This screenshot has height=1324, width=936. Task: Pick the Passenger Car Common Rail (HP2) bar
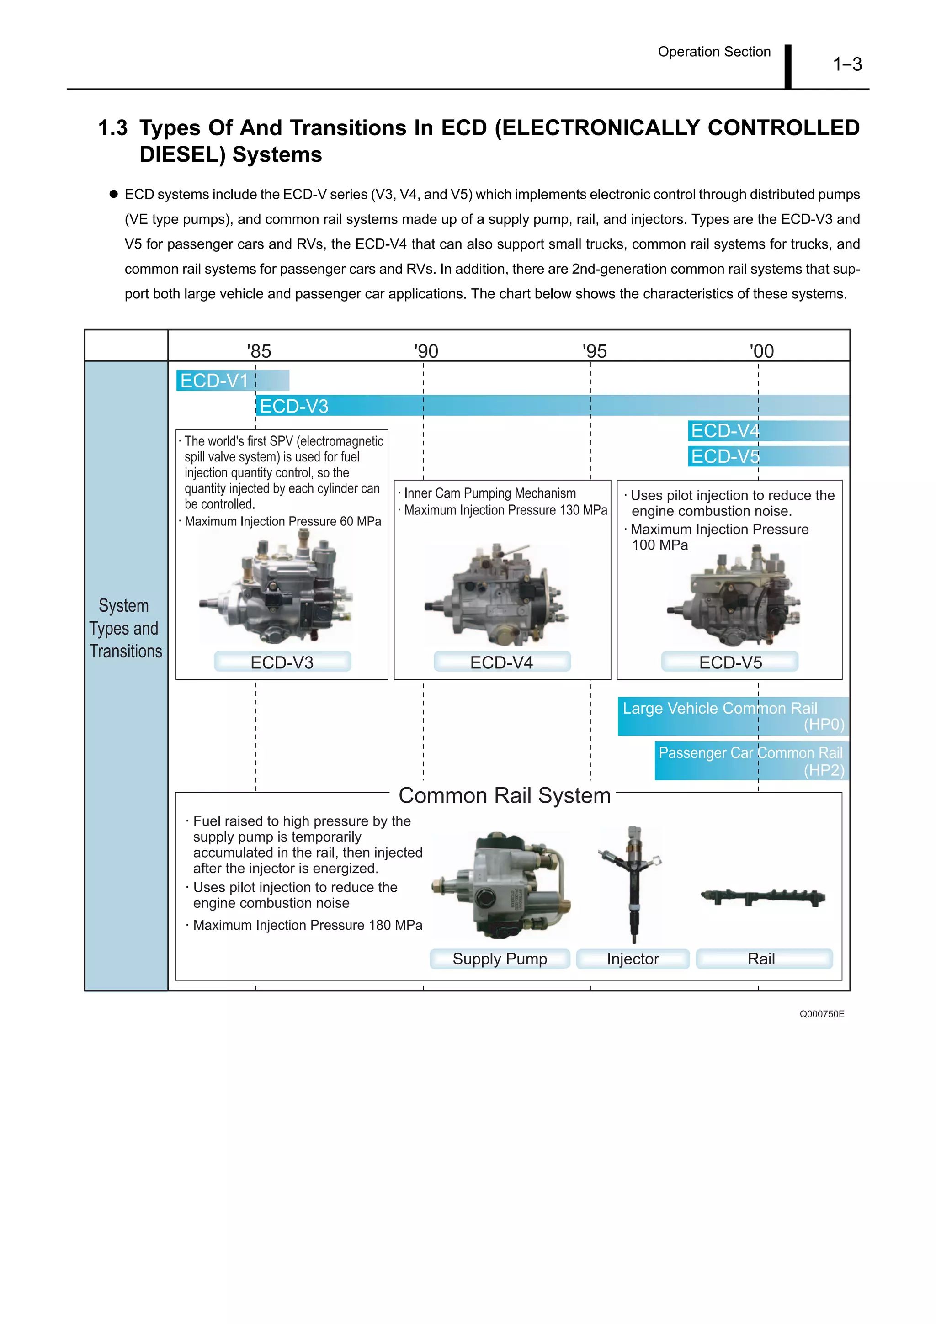(x=751, y=761)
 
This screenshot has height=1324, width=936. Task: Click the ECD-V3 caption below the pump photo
(x=282, y=662)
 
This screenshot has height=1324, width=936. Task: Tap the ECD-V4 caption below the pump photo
(x=502, y=662)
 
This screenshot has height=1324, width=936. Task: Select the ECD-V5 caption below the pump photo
(x=730, y=662)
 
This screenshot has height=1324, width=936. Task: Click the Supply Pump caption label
(x=500, y=959)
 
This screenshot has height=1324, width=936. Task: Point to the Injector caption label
(x=633, y=959)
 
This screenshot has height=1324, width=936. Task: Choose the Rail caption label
(x=761, y=959)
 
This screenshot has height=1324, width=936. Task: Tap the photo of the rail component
(x=763, y=897)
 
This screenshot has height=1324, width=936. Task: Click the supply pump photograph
(x=500, y=885)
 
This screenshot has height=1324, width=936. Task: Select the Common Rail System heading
(x=504, y=795)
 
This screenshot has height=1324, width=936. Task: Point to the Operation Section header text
(x=714, y=52)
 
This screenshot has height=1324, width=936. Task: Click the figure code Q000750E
(x=821, y=1014)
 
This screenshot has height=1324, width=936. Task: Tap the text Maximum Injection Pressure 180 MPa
(x=308, y=925)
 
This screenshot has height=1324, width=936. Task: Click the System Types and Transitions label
(x=125, y=628)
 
